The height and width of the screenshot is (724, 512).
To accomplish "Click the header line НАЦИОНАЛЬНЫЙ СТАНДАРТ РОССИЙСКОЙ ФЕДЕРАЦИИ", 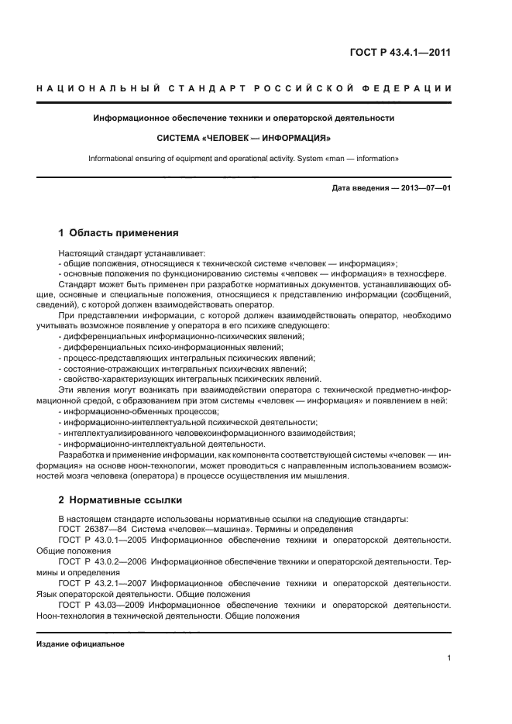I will pyautogui.click(x=244, y=91).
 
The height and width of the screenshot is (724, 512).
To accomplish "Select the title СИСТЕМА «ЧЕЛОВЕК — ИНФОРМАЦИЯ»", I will pyautogui.click(x=244, y=139).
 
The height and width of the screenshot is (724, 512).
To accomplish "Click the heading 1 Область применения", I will pyautogui.click(x=119, y=232).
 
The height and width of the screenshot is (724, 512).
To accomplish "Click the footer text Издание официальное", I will pyautogui.click(x=81, y=644).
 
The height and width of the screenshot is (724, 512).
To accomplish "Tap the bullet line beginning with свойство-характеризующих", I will pyautogui.click(x=190, y=379).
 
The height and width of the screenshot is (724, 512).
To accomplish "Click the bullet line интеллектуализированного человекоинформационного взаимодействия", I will pyautogui.click(x=206, y=433).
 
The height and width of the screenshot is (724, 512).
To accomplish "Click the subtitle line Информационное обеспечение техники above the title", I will pyautogui.click(x=244, y=118).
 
